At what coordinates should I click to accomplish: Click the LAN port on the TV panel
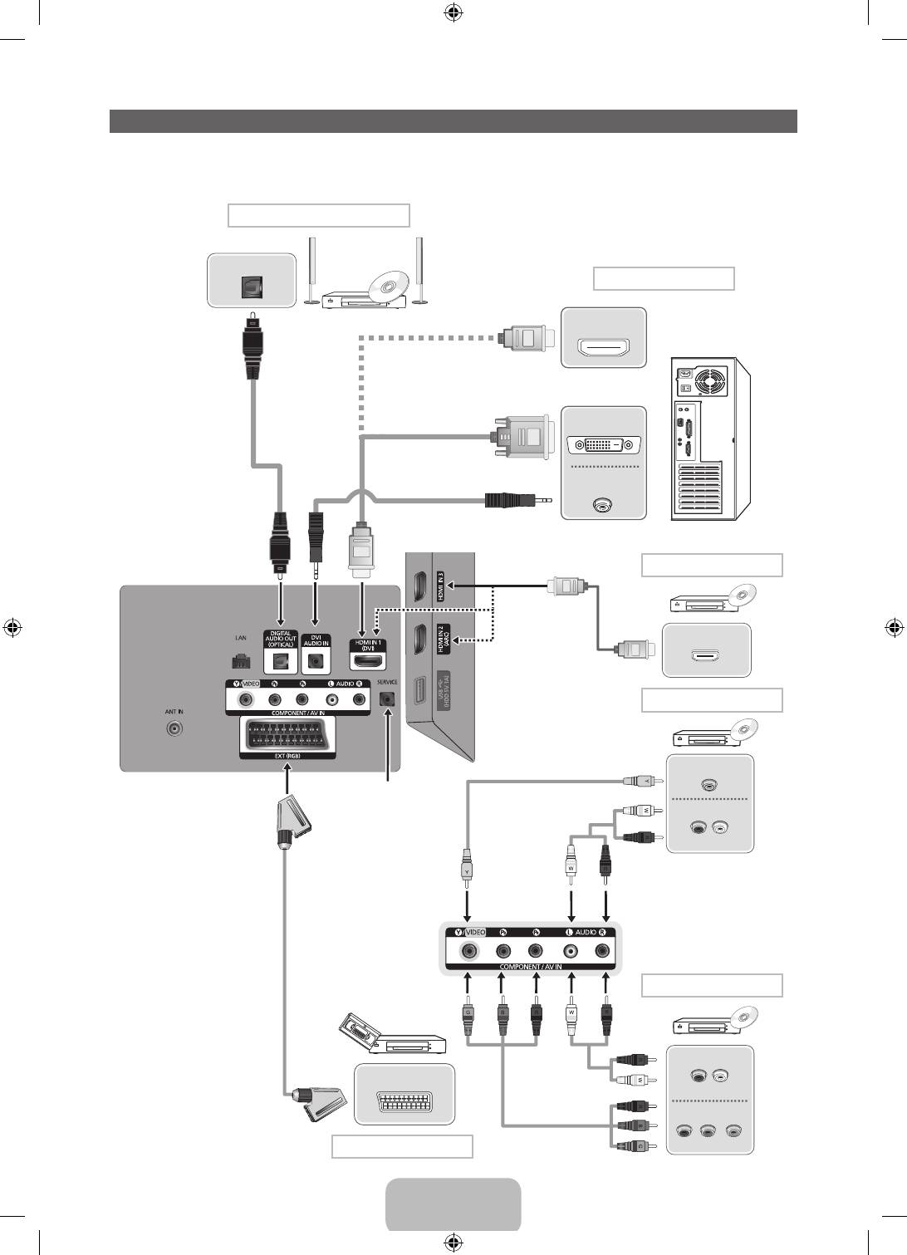click(x=240, y=661)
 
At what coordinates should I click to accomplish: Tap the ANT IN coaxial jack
click(x=174, y=729)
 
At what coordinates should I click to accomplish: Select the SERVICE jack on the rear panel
click(x=386, y=699)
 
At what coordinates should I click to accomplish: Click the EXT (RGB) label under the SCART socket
click(x=287, y=756)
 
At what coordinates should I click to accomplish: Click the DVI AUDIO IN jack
click(x=316, y=662)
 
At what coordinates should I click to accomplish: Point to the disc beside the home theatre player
click(x=385, y=287)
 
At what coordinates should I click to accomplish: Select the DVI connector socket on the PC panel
click(x=603, y=445)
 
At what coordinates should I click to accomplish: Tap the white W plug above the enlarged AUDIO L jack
click(x=571, y=865)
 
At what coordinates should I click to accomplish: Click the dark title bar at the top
click(x=453, y=121)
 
